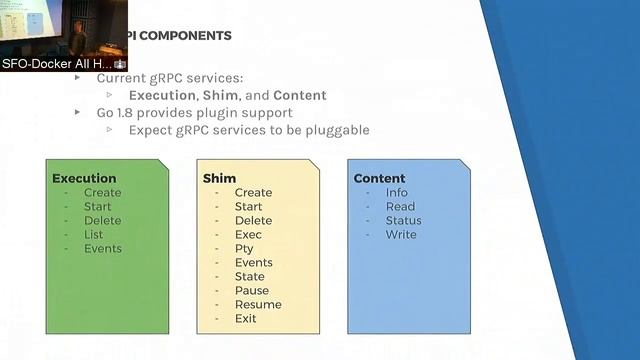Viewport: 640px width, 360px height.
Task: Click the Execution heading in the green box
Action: [x=84, y=178]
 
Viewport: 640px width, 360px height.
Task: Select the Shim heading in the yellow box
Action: [x=219, y=178]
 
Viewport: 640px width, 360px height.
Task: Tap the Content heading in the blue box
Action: [x=379, y=178]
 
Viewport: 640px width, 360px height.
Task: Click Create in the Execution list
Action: [x=102, y=192]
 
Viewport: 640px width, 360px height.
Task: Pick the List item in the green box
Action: [x=93, y=234]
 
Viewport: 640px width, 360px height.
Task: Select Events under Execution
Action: [x=102, y=248]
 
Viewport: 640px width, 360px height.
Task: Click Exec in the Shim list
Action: [x=248, y=234]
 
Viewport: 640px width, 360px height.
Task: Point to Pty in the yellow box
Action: [x=244, y=248]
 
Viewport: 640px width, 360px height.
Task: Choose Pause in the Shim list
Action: [x=251, y=290]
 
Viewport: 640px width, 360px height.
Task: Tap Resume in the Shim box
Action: [x=257, y=304]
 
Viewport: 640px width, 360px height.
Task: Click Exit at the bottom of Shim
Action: [x=245, y=318]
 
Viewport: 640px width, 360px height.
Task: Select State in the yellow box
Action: [x=249, y=276]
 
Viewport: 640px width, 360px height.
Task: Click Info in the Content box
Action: [x=396, y=192]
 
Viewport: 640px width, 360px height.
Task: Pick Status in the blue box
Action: [x=403, y=220]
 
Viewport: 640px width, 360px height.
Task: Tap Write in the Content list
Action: [x=401, y=234]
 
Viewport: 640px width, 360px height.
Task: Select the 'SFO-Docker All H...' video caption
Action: [x=57, y=63]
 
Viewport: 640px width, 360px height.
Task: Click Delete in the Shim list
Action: [x=253, y=220]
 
